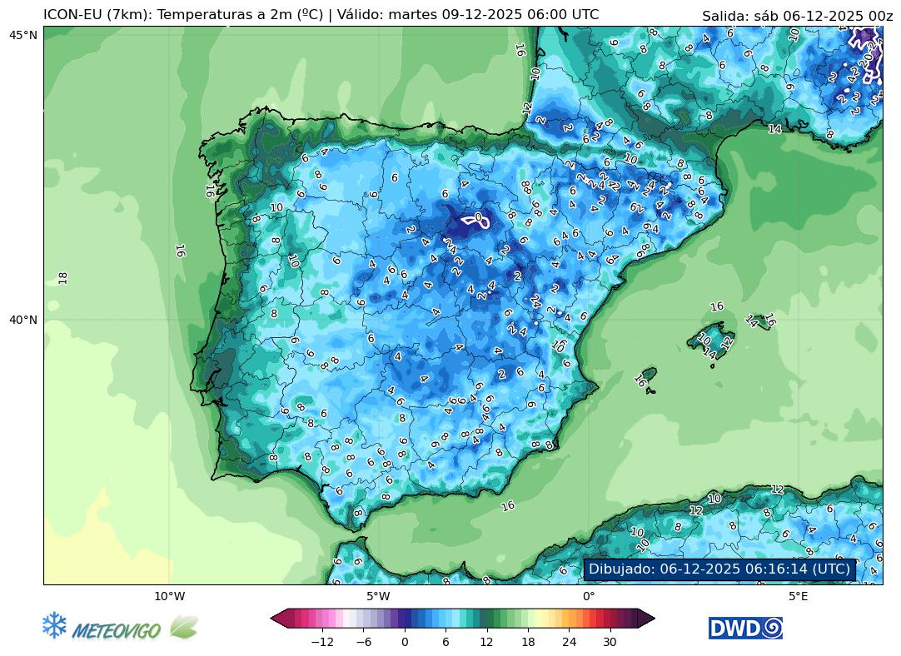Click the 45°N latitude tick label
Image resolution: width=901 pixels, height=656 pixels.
click(23, 34)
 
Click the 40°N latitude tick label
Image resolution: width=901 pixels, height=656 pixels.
click(23, 320)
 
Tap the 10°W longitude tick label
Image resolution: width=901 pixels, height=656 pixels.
click(169, 596)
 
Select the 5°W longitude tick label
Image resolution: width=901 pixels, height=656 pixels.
click(379, 596)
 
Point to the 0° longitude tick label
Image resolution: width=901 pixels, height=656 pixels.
click(589, 596)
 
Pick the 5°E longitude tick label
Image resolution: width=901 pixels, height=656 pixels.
click(799, 596)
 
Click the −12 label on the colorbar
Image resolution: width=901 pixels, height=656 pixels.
click(321, 642)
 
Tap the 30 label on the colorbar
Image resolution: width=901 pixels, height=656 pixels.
click(610, 642)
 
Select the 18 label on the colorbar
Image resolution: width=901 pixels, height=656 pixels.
click(528, 642)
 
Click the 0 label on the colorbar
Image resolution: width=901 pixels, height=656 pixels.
click(405, 642)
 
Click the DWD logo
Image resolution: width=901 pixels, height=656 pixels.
click(745, 629)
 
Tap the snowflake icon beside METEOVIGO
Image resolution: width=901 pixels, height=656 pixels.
click(54, 626)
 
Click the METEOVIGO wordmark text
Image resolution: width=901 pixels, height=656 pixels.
click(117, 631)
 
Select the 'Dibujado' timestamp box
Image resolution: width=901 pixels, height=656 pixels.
click(719, 569)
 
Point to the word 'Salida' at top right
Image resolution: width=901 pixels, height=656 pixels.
click(723, 16)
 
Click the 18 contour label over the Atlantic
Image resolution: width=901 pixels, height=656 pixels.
click(63, 277)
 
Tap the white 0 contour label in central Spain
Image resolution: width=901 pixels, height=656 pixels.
click(478, 218)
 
